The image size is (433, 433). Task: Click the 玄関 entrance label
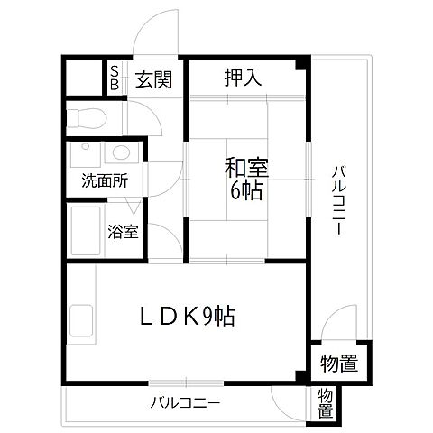pos(155,79)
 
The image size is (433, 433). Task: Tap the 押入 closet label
pos(243,78)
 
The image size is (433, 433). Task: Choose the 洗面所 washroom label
pos(105,180)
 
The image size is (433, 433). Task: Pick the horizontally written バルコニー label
pos(185,401)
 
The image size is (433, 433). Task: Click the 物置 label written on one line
pos(339,364)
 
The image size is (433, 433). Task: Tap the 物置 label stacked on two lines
pos(325,404)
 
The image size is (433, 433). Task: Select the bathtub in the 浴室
pos(88,231)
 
